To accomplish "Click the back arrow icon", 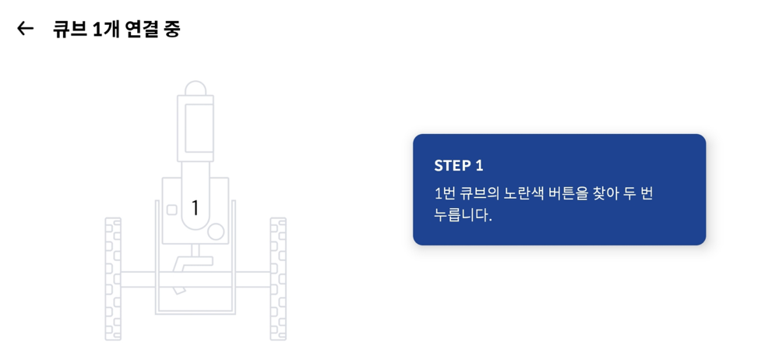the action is pos(25,29).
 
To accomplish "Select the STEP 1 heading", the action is pos(459,165).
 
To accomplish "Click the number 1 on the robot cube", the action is pos(196,208).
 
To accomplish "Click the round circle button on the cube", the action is pos(216,231).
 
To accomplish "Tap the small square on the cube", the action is pos(172,210).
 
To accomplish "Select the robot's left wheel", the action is pos(113,279).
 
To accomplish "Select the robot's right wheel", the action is pos(278,279).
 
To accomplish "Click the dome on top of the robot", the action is pos(196,88).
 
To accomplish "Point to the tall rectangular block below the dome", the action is pos(196,129).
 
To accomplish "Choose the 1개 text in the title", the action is pos(106,30).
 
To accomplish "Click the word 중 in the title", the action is pos(172,30).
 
